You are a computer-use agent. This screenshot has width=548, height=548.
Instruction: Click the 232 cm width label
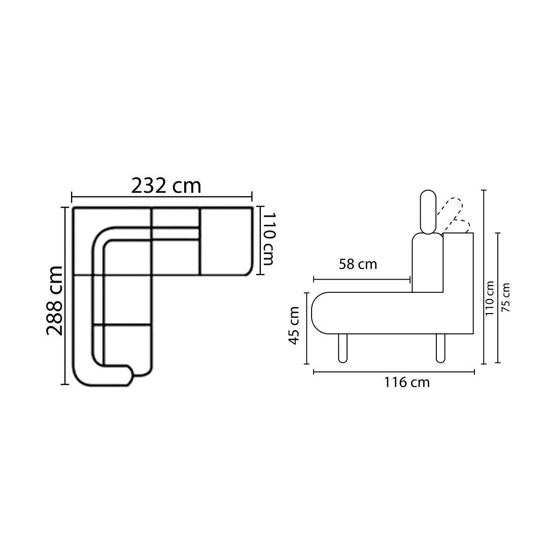tap(166, 186)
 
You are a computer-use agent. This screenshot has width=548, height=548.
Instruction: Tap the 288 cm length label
tap(54, 300)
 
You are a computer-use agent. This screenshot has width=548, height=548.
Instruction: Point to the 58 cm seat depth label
tap(358, 264)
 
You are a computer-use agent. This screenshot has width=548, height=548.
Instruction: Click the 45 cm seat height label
tap(294, 325)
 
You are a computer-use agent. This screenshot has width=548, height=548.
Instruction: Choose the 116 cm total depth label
tap(407, 383)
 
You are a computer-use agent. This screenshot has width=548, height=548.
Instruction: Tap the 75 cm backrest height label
tap(505, 297)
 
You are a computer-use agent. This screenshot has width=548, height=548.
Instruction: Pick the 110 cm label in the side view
tap(489, 298)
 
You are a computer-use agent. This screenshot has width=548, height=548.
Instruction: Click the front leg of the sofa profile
tap(343, 349)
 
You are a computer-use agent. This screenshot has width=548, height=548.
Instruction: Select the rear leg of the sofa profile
tap(441, 349)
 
